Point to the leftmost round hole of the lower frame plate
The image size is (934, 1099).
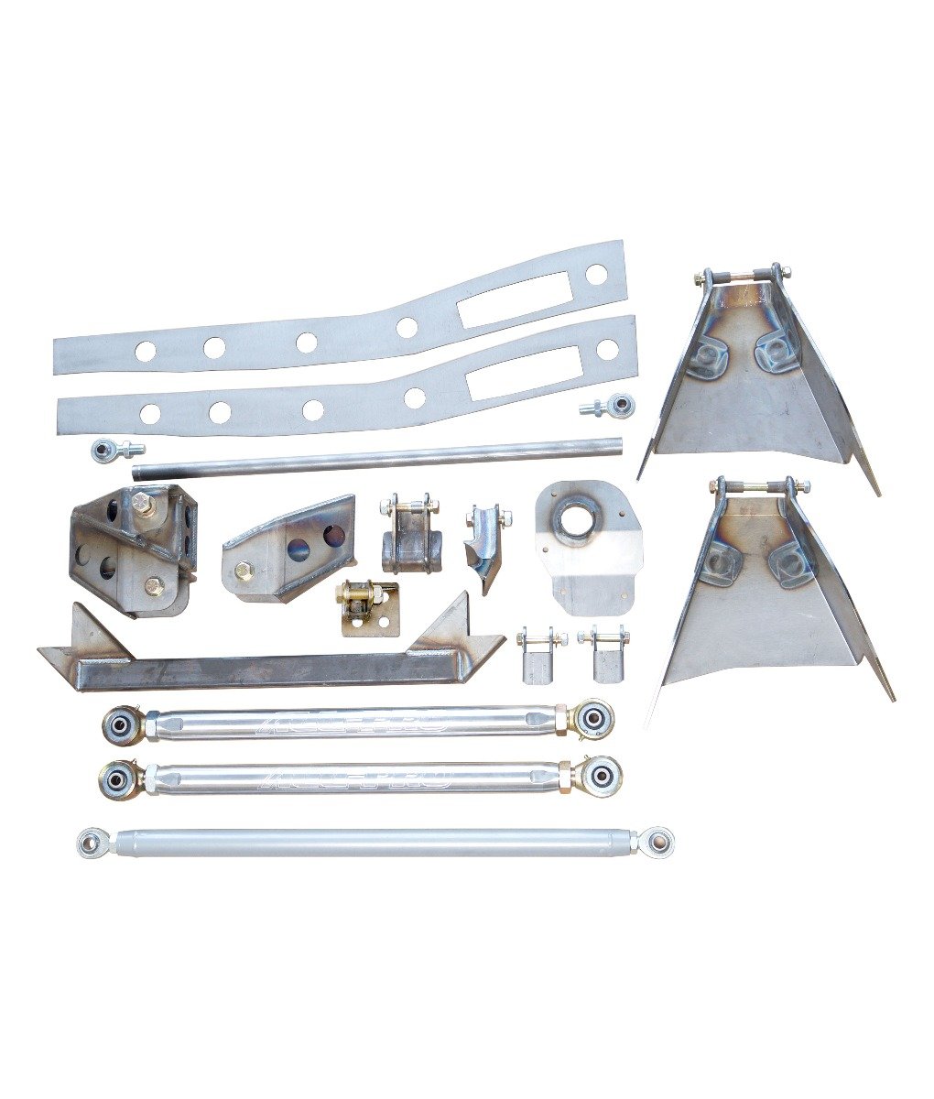click(148, 413)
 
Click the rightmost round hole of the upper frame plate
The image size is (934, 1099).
click(596, 273)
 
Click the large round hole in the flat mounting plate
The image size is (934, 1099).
click(580, 518)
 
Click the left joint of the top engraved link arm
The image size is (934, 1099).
click(122, 724)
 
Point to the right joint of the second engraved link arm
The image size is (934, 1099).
click(600, 775)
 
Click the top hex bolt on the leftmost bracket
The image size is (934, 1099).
click(143, 502)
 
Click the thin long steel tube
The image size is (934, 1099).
click(375, 458)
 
